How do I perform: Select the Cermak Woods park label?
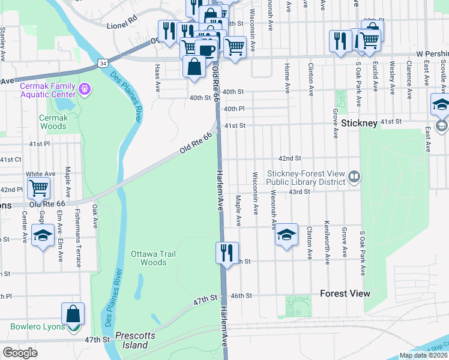click(53, 122)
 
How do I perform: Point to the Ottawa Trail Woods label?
click(153, 258)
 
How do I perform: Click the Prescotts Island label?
click(131, 340)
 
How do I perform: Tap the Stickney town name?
click(359, 123)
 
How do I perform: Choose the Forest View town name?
click(345, 293)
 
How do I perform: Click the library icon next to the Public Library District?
click(354, 176)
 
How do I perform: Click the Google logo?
click(20, 352)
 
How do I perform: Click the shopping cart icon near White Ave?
click(38, 188)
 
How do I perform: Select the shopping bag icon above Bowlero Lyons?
click(73, 313)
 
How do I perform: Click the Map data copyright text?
click(423, 355)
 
